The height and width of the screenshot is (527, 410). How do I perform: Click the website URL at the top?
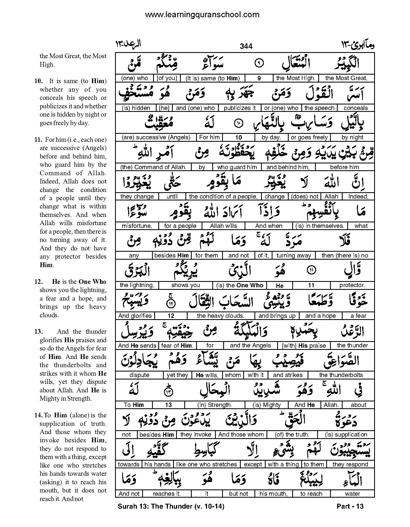[202, 15]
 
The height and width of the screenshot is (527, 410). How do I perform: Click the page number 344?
[246, 46]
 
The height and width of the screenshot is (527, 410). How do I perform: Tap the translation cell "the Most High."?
[296, 78]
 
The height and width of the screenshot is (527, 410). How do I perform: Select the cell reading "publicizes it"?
[239, 108]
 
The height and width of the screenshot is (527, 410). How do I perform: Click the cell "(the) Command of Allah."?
[153, 167]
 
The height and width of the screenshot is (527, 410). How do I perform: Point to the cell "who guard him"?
[237, 167]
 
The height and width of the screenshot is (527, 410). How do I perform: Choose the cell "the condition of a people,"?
[223, 196]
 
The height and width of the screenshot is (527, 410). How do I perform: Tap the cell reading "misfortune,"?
[137, 226]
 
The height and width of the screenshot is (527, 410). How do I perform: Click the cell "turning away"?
[294, 256]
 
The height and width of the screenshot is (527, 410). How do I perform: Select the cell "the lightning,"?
[137, 285]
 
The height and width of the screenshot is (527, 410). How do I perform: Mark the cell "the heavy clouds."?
[220, 316]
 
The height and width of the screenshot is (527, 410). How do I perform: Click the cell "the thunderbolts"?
[341, 375]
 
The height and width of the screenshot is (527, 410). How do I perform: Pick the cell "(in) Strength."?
[215, 405]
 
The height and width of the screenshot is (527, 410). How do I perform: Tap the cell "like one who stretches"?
[207, 464]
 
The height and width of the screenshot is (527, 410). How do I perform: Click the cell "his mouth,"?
[273, 494]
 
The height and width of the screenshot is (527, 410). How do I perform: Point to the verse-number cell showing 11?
[311, 285]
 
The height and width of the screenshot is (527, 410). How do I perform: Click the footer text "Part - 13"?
[350, 506]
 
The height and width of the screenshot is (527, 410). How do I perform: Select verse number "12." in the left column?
[38, 282]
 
